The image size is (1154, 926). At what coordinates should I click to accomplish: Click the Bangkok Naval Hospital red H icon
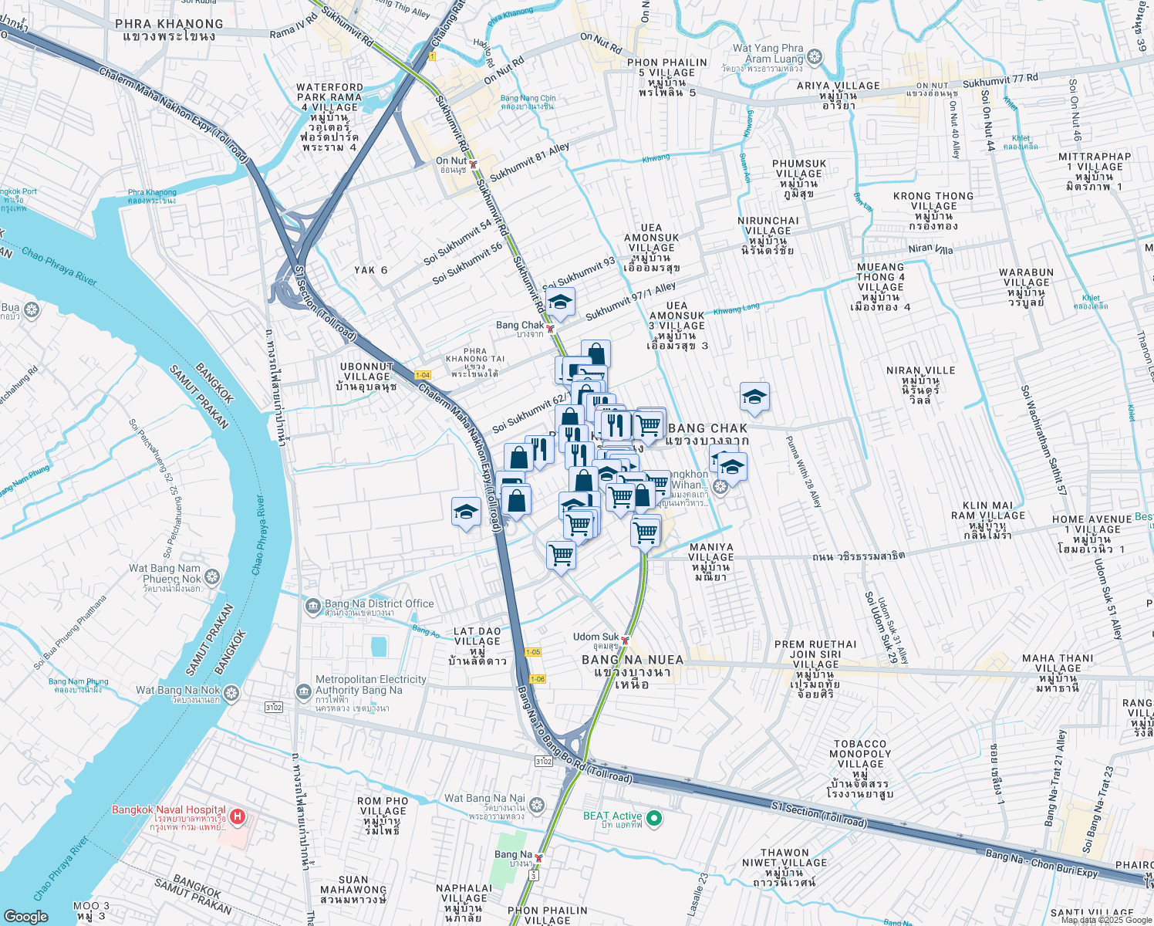(238, 816)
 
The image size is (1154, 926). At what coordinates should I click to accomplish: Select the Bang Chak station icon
(550, 328)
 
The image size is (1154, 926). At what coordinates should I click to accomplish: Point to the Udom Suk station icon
(626, 640)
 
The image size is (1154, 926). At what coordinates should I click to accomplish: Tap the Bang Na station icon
(538, 857)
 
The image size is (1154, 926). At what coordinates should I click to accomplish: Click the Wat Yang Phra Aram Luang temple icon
(815, 57)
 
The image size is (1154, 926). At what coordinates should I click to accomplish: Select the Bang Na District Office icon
(312, 606)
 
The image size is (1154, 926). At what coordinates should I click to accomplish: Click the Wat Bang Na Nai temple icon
(537, 805)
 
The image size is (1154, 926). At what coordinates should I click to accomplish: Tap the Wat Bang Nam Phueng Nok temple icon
(212, 576)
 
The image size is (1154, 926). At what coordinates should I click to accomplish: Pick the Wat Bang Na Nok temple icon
(231, 692)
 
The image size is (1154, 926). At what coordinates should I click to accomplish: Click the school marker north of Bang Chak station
(560, 302)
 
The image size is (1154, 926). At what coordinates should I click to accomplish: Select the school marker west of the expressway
(466, 512)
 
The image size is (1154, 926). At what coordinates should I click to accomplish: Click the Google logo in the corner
(25, 916)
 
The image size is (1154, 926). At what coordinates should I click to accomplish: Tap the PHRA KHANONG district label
(169, 24)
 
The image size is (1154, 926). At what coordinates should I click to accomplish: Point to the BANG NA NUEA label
(633, 660)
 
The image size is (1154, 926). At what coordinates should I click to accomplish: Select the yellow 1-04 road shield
(422, 375)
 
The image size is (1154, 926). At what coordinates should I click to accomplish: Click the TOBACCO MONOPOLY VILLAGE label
(860, 754)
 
